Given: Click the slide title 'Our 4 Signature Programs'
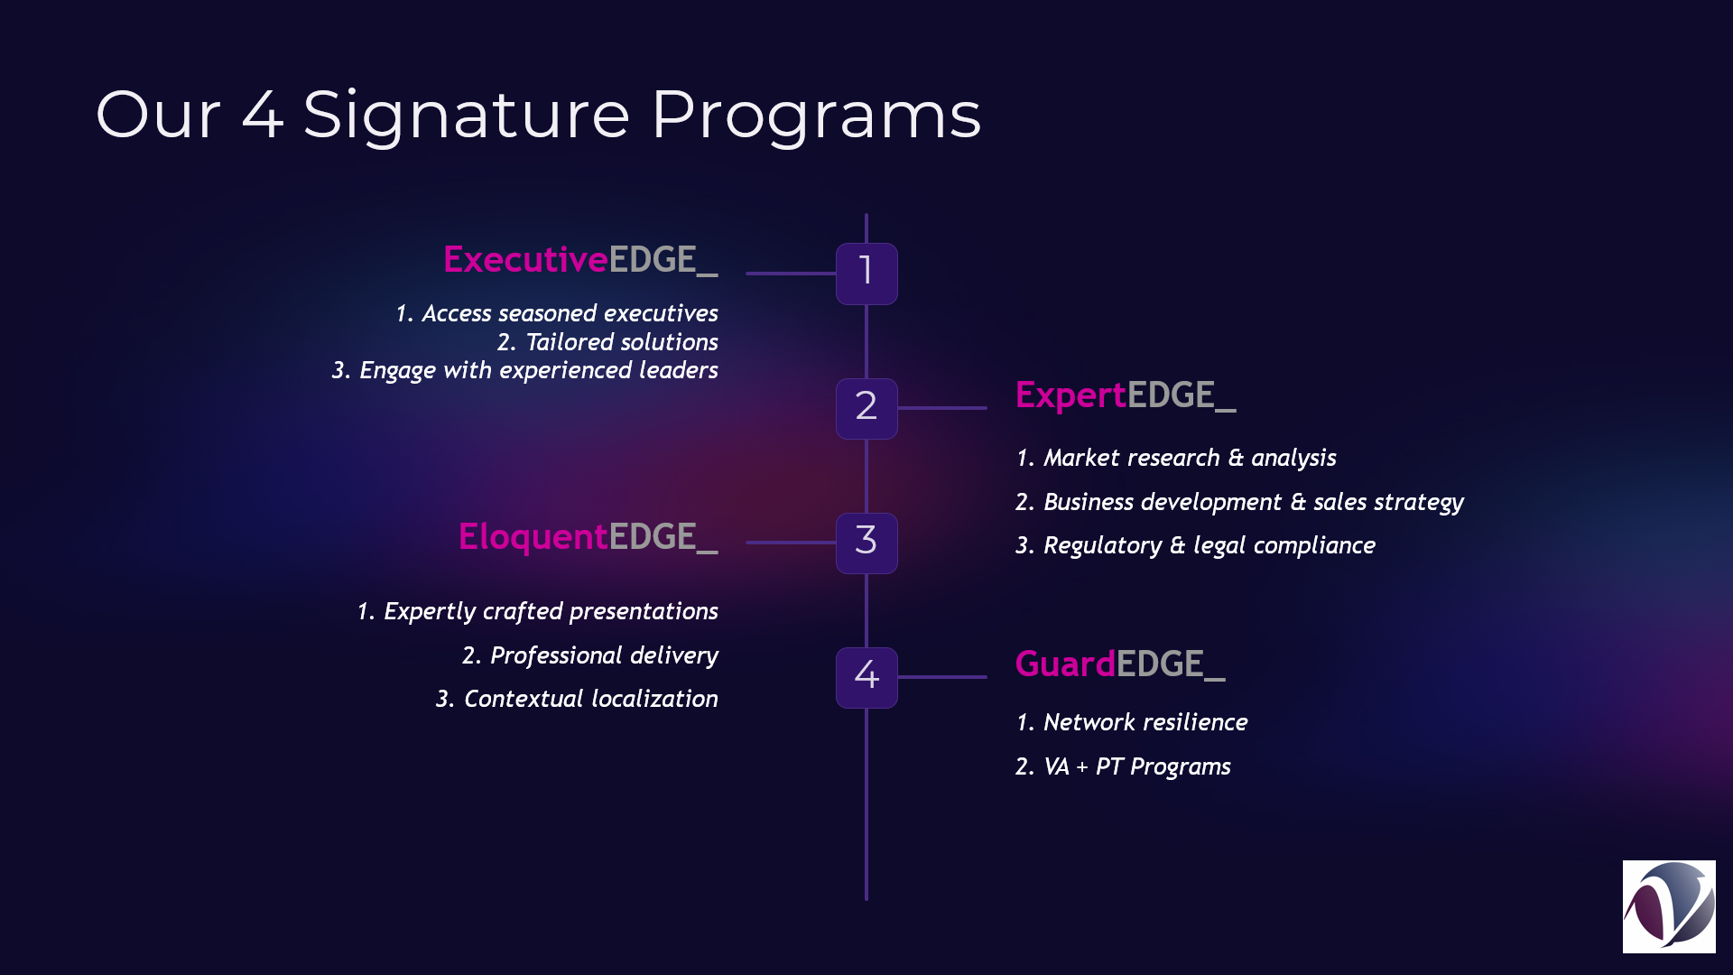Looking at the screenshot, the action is [x=538, y=116].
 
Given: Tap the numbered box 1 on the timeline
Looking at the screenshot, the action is [x=866, y=274].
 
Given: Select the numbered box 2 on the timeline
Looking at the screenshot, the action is [x=866, y=408].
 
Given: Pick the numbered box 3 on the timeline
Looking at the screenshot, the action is [x=866, y=543].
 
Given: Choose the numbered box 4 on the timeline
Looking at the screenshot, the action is [x=866, y=677].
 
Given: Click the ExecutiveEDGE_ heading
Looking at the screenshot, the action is [x=580, y=260].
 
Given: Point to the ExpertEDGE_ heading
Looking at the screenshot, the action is [x=1126, y=395].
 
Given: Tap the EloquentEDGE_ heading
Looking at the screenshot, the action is [x=588, y=537].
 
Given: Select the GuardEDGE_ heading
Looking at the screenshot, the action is [x=1120, y=664].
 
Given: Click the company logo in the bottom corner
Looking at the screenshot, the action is [x=1669, y=906].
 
